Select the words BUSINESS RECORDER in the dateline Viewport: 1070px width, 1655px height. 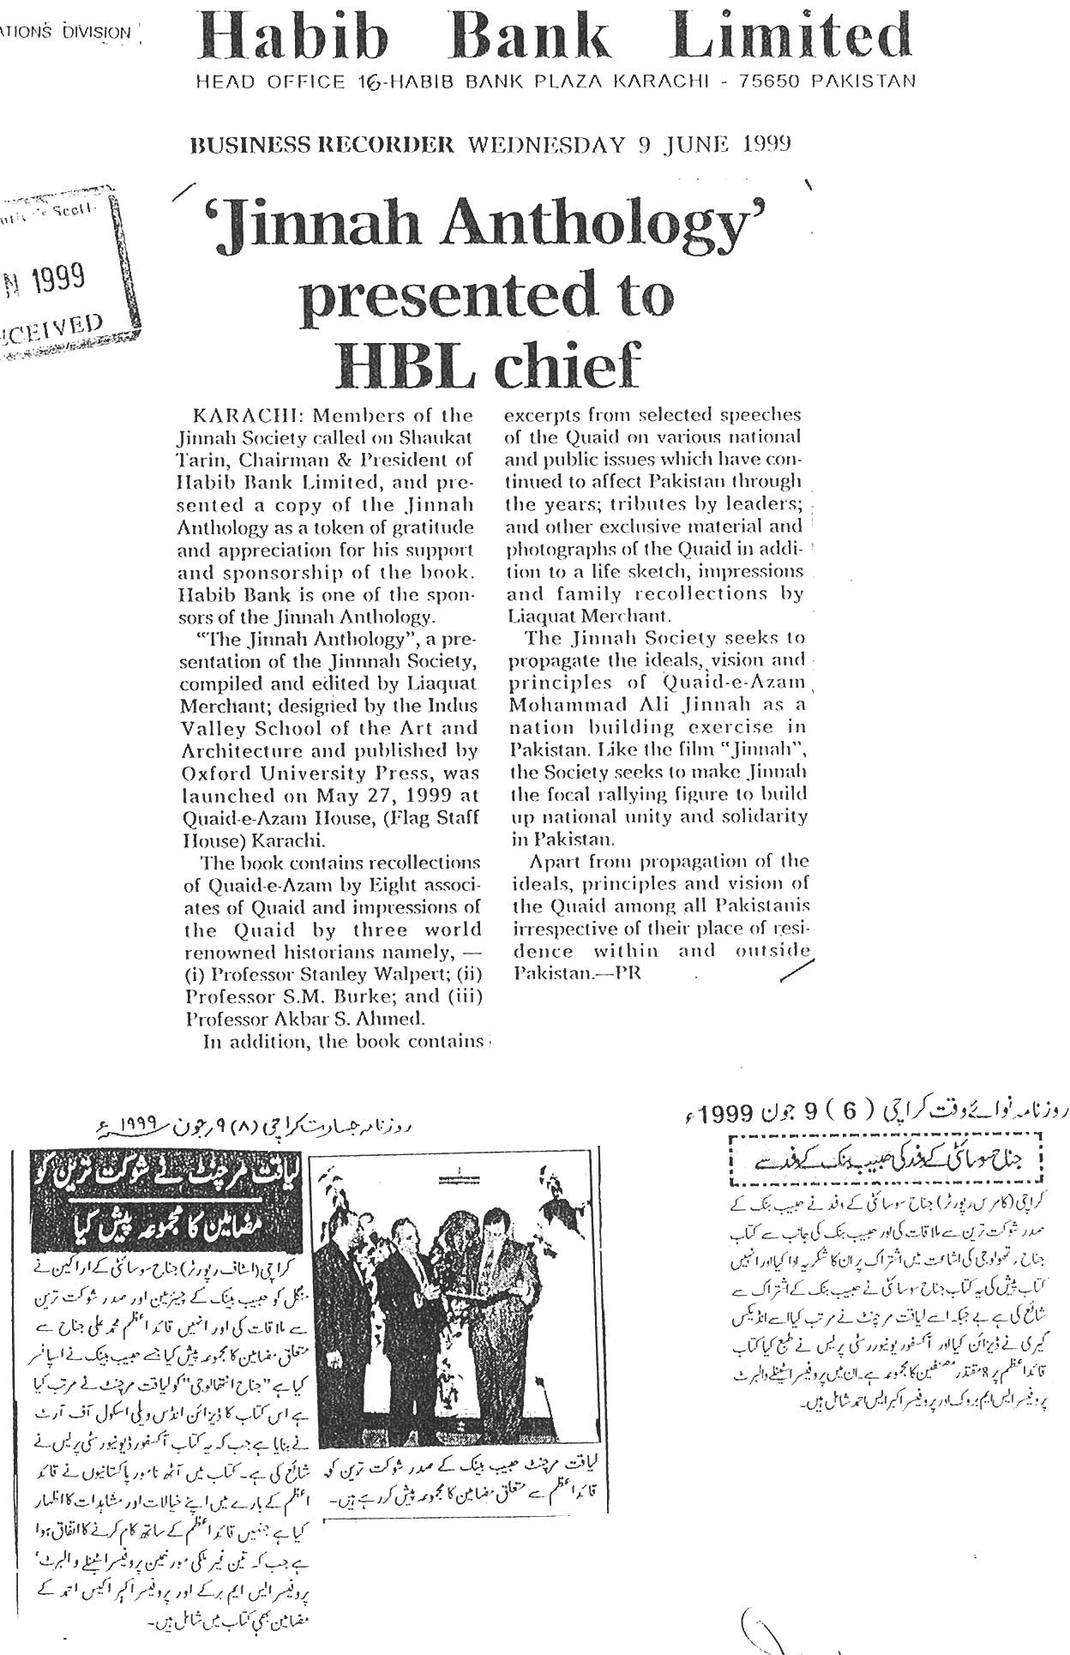[322, 145]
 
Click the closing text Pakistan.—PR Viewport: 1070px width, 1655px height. [579, 973]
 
